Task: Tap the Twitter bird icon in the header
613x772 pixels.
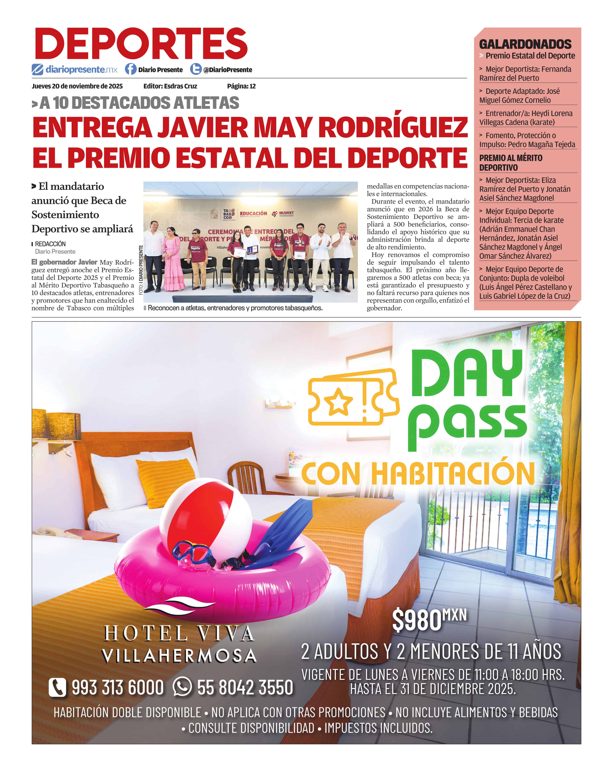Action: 195,69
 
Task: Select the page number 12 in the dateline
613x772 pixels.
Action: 253,86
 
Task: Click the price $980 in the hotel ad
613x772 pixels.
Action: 417,620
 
